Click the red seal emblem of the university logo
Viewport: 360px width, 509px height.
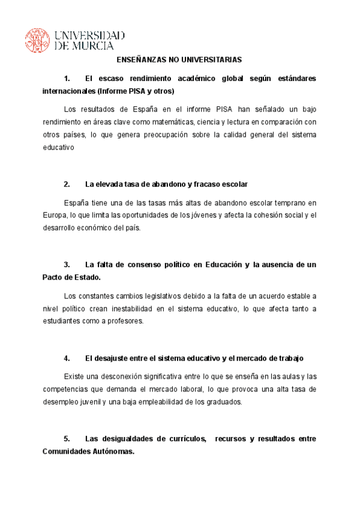38,40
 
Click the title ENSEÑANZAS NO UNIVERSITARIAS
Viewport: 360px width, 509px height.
179,60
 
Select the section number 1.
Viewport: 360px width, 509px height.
67,79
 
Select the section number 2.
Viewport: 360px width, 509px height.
67,184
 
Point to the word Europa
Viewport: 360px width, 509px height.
55,215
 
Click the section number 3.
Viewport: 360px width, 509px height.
67,265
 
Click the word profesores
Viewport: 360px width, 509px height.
125,321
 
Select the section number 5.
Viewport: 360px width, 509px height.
67,439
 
